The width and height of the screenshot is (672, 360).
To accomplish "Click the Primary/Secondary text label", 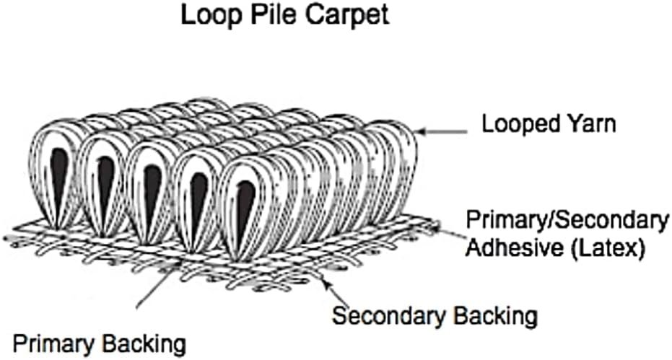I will [567, 220].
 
